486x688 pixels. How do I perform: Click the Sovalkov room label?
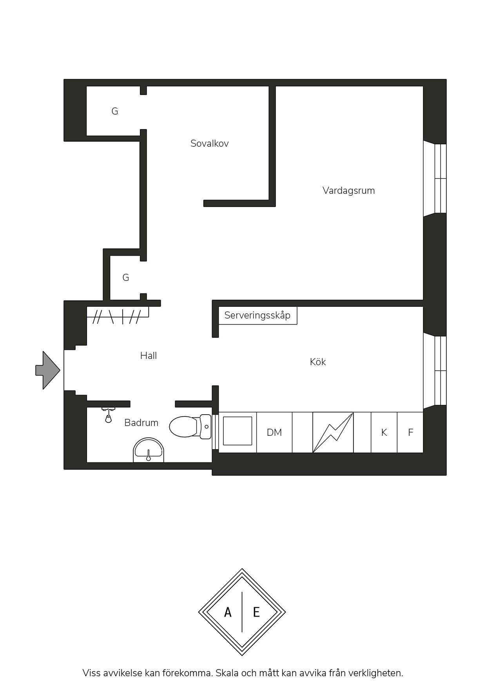[x=209, y=143]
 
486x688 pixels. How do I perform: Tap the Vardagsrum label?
[x=348, y=191]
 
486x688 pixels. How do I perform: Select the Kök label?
[x=318, y=362]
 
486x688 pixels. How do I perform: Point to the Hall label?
[x=149, y=355]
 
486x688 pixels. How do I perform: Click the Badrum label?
[x=141, y=422]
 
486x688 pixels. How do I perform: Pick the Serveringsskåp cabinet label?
[x=258, y=315]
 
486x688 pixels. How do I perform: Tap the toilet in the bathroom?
[x=190, y=427]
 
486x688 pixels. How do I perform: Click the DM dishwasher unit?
[x=274, y=432]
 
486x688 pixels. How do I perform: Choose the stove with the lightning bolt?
[x=333, y=432]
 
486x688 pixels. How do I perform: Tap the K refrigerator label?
[x=384, y=432]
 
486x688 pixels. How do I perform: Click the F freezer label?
[x=411, y=432]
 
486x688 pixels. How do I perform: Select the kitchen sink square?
[x=238, y=431]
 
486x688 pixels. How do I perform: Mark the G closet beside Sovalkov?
[x=115, y=111]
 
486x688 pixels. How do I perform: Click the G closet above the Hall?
[x=126, y=278]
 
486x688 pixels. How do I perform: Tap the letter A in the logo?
[x=228, y=612]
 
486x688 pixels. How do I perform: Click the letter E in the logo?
[x=256, y=612]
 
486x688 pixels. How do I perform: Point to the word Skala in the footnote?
[x=227, y=673]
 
